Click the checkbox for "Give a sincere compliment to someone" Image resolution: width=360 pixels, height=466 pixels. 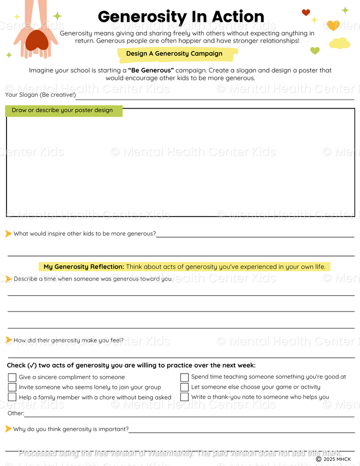(12, 377)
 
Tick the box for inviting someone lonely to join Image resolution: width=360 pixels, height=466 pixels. (12, 387)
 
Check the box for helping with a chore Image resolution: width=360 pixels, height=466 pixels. (12, 397)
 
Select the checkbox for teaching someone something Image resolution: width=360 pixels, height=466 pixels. (184, 377)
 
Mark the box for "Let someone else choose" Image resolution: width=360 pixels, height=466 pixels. (184, 387)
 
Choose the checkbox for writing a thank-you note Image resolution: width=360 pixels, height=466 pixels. (184, 397)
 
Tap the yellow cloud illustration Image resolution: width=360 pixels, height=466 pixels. (339, 43)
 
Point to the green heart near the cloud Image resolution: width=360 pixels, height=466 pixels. (315, 50)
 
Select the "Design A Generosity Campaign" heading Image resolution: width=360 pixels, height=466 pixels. (174, 54)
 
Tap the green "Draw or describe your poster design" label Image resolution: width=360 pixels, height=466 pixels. (63, 110)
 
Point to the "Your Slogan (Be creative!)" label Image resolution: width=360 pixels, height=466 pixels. (40, 95)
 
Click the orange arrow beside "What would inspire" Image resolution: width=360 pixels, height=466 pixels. (9, 233)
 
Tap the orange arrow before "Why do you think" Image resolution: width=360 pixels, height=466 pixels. (9, 429)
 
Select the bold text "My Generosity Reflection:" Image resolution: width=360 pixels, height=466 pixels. (83, 267)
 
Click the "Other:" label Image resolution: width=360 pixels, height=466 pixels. (16, 413)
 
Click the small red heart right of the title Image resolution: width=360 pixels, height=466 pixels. (305, 13)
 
